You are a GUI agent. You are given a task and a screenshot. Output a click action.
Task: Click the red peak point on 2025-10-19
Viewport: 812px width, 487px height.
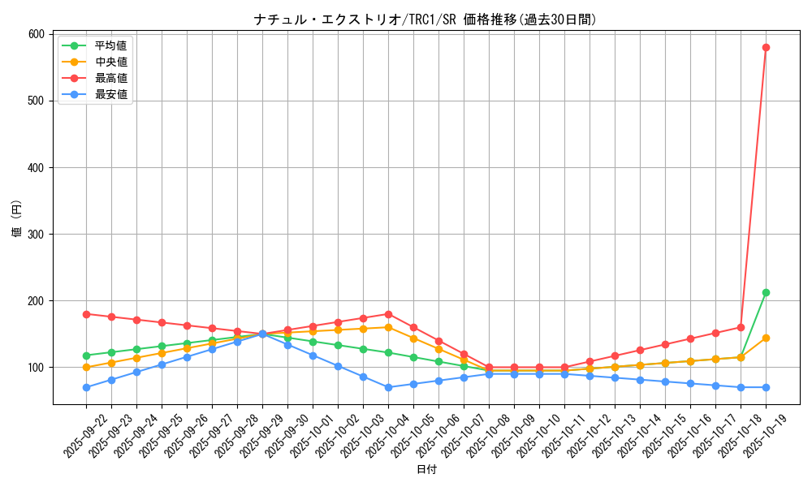(766, 47)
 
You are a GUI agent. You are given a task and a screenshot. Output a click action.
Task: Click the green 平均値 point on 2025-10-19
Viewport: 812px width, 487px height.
(766, 292)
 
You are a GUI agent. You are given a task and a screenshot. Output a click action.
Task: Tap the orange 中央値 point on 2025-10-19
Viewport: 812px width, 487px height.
(766, 338)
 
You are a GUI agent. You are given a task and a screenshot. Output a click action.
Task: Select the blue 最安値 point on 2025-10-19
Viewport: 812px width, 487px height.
(766, 387)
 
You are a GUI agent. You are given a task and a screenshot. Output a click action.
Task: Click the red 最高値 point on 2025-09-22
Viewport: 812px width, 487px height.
(86, 314)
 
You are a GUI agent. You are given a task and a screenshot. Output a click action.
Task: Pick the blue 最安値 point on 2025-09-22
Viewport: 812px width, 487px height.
(86, 387)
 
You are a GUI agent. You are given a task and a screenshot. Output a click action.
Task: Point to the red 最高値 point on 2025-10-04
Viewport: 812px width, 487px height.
(388, 314)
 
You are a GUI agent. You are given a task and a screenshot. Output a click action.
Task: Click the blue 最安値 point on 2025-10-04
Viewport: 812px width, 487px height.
(388, 387)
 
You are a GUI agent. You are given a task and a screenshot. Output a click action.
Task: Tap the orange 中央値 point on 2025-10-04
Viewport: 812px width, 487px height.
(388, 327)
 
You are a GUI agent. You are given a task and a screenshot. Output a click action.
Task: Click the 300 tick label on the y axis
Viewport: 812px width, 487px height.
(37, 234)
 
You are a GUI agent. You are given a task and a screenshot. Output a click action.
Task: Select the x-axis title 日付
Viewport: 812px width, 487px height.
(426, 470)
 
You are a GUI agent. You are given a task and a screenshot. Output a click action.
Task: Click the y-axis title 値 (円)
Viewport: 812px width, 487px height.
(17, 219)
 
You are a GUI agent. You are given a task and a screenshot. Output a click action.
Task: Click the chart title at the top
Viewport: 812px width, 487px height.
(425, 19)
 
